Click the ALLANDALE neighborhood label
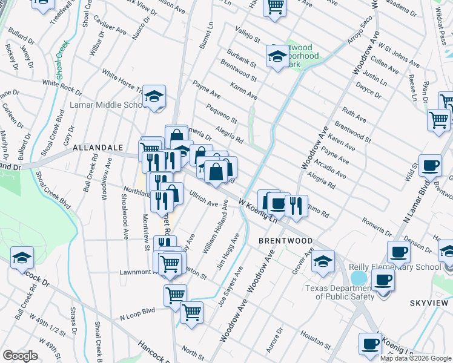(x=98, y=147)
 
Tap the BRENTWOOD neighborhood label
(x=285, y=240)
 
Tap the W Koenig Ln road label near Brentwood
(x=257, y=211)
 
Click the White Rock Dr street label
(x=62, y=87)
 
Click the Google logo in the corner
(x=20, y=355)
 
